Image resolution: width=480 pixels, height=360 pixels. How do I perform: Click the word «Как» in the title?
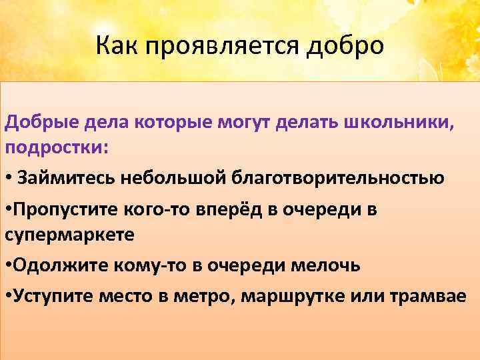pyautogui.click(x=114, y=46)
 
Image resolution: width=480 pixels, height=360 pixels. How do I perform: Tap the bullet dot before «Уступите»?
pyautogui.click(x=8, y=296)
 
